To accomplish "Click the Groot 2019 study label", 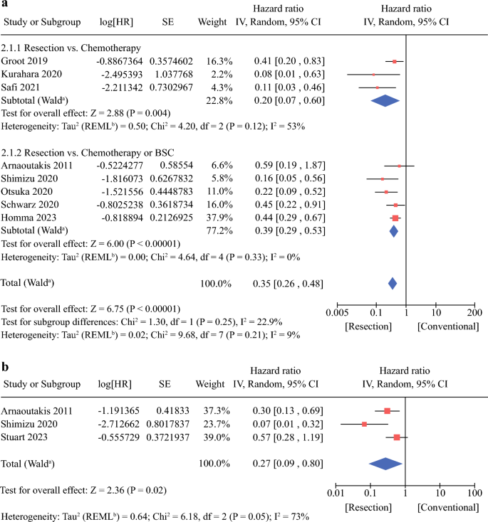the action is tap(24, 61).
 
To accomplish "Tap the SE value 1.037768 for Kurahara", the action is tap(171, 74).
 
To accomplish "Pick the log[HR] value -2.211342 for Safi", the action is tap(122, 87).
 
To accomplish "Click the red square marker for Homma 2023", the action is tap(395, 218).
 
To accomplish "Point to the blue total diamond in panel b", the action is tap(385, 464).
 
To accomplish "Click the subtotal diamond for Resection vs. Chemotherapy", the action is tap(385, 100).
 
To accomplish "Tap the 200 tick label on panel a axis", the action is tap(474, 313).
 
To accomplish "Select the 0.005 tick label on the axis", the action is tap(337, 313).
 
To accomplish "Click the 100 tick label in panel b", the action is tap(474, 493).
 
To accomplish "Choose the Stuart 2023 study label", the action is tap(24, 437).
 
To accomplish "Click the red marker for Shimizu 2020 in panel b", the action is tap(364, 424).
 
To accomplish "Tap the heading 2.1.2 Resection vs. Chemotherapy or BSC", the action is tap(88, 153).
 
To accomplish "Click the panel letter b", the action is tap(5, 366).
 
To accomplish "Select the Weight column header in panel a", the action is tap(212, 22).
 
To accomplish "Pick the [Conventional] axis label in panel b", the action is tap(448, 508).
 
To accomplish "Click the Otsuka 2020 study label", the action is tap(26, 191).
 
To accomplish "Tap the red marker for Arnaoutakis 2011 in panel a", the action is tap(399, 166).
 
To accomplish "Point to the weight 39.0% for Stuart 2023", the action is tap(217, 437).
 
